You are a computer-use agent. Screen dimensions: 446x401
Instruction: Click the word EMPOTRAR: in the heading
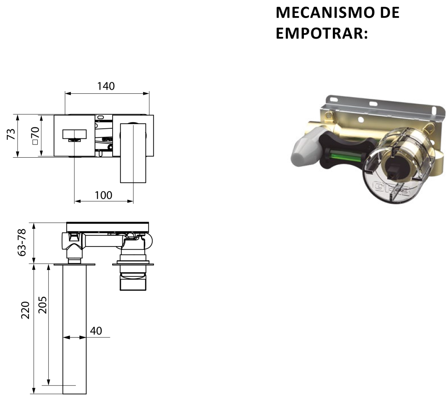[322, 33]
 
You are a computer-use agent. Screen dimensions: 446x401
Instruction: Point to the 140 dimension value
[106, 86]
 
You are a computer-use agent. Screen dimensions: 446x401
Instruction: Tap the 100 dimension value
[103, 195]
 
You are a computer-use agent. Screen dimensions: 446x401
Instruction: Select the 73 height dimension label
[11, 134]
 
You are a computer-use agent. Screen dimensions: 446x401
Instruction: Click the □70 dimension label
[35, 136]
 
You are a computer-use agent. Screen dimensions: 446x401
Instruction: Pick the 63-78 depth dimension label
[22, 242]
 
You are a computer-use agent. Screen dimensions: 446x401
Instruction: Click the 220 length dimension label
[25, 310]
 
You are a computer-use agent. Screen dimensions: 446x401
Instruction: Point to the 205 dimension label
[42, 305]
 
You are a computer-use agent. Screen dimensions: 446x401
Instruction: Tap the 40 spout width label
[96, 331]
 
